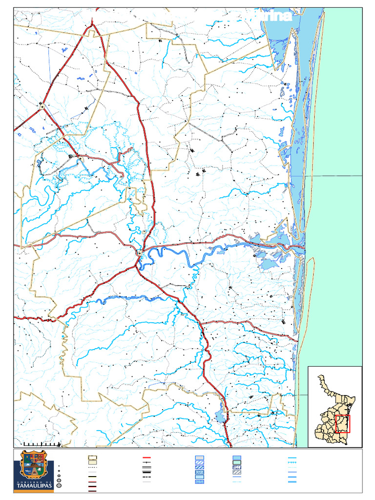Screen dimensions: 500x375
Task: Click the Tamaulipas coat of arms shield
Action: pos(33,464)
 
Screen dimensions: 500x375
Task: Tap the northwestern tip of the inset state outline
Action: pos(320,376)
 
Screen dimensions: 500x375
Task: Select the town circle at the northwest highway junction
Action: pos(42,106)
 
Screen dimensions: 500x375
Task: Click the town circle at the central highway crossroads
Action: pos(140,253)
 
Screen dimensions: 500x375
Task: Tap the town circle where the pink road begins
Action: pos(82,160)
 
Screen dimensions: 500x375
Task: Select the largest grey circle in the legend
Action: pos(59,486)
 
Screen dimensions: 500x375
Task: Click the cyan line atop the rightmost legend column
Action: pos(292,459)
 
